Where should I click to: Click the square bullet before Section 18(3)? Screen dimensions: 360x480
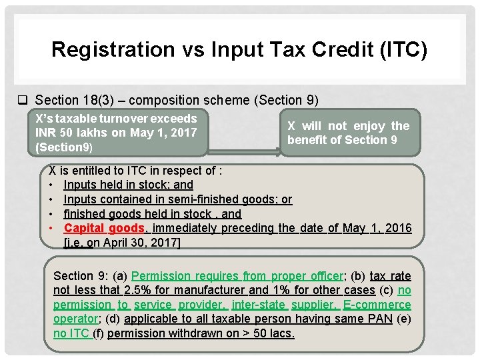click(22, 101)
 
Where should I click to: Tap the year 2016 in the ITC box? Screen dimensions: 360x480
click(398, 229)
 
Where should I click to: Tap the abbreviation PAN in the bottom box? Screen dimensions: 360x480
click(379, 319)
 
